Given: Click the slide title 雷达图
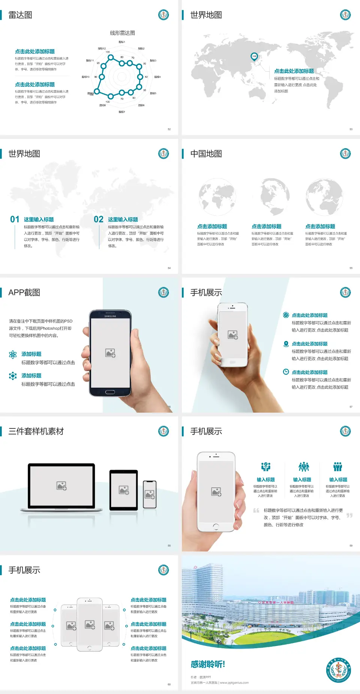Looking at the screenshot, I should [x=20, y=15].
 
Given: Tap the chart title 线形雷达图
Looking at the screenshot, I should [x=122, y=33].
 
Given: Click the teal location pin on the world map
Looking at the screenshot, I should [x=254, y=56].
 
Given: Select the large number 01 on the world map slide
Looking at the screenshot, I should [x=15, y=219].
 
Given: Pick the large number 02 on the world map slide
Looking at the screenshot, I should [x=99, y=219].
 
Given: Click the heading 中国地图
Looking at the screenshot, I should [x=206, y=154].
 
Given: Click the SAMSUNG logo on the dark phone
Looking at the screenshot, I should [x=110, y=316].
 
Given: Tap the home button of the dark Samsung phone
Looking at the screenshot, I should [x=110, y=392].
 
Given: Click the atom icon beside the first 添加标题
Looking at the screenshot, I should [x=13, y=355].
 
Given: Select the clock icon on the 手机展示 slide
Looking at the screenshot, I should [x=286, y=372].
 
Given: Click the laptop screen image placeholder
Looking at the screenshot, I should [x=61, y=486].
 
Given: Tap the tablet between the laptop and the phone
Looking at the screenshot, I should [x=124, y=490].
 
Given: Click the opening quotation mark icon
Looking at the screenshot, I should [x=256, y=511].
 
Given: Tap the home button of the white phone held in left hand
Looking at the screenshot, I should [x=216, y=527].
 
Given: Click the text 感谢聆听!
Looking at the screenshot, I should [x=208, y=664].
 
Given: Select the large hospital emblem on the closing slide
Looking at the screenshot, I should [x=338, y=670].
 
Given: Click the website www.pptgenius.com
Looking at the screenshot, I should [x=234, y=683].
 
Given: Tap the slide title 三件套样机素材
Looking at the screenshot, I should [x=36, y=431].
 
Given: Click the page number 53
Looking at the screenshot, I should [x=351, y=129].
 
